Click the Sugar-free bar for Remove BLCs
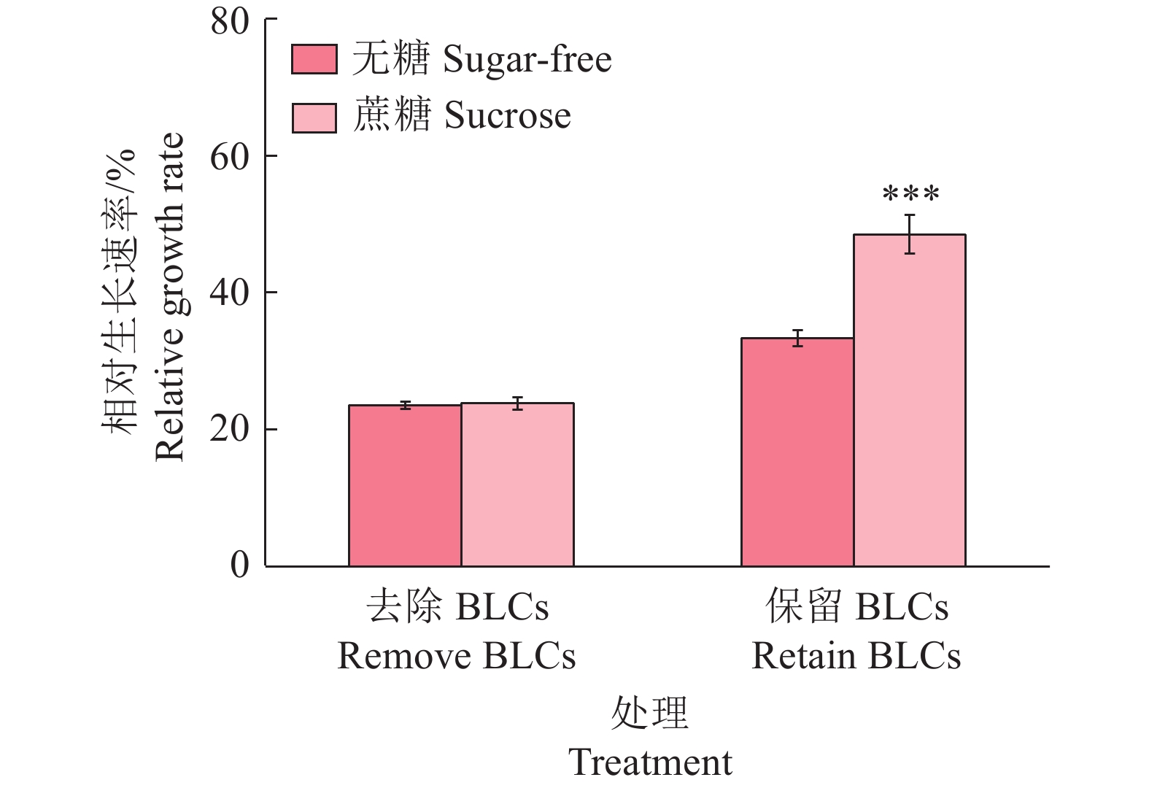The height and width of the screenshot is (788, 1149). click(x=405, y=485)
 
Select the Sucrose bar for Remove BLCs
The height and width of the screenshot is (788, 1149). click(x=517, y=484)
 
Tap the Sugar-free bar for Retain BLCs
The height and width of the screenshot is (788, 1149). click(x=797, y=452)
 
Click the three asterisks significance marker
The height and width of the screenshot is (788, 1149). click(x=910, y=195)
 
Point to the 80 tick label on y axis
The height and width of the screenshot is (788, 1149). click(x=230, y=21)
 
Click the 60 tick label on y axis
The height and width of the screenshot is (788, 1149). click(x=230, y=156)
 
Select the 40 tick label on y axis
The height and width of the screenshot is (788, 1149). click(x=230, y=293)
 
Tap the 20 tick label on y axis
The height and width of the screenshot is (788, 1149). click(x=230, y=429)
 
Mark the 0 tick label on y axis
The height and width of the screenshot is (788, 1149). click(x=240, y=565)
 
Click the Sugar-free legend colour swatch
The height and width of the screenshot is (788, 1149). click(x=314, y=60)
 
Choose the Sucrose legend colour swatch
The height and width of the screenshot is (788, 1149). click(x=314, y=117)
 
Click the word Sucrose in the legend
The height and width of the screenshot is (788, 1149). click(x=508, y=116)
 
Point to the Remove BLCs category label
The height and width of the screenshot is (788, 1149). click(x=457, y=656)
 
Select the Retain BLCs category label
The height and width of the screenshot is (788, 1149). click(x=856, y=656)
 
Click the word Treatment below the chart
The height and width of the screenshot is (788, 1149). click(x=650, y=762)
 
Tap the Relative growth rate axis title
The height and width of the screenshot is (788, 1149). click(x=169, y=297)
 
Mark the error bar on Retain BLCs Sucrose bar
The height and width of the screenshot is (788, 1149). click(x=910, y=234)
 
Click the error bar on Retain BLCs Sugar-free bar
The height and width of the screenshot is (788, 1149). click(x=797, y=338)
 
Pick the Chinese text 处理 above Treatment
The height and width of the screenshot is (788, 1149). click(x=649, y=713)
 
